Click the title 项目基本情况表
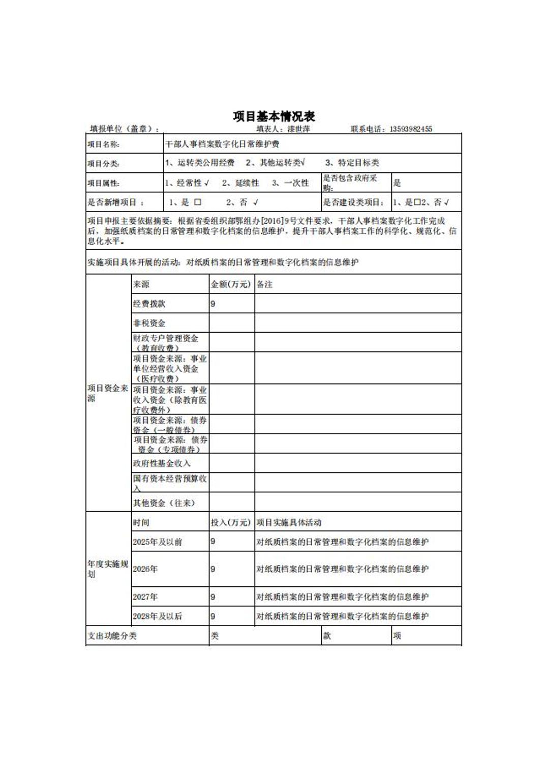coord(274,116)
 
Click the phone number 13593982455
coord(411,129)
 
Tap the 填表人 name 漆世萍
coord(298,129)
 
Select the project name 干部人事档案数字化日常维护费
coord(222,144)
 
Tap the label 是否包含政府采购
coord(350,183)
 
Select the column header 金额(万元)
coord(231,284)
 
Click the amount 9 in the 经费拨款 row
coord(213,304)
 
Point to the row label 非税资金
coord(149,323)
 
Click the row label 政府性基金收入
coord(162,463)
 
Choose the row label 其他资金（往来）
coord(164,503)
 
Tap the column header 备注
coord(264,284)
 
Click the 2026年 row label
coord(145,569)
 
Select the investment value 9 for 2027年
coord(213,597)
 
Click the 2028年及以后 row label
coord(157,616)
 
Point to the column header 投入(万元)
coord(231,522)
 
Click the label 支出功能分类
coord(112,636)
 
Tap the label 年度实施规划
coord(107,569)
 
